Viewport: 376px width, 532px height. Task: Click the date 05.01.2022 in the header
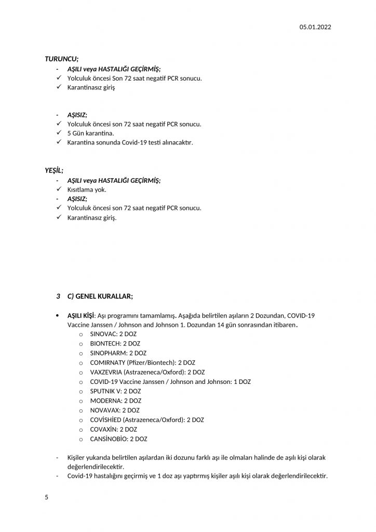pos(315,27)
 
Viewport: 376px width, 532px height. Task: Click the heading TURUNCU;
pos(61,59)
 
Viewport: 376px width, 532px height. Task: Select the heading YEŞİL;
pos(54,170)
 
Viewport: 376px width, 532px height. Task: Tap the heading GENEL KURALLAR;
pos(104,296)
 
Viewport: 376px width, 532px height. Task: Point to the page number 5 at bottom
pos(47,497)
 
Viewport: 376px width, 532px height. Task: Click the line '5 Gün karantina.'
pos(91,134)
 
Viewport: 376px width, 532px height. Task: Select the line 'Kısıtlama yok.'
pos(87,190)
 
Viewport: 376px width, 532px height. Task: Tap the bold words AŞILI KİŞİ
pos(80,316)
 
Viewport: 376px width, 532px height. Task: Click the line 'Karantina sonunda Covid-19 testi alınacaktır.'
pos(130,143)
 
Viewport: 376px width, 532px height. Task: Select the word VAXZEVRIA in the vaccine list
pos(108,372)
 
